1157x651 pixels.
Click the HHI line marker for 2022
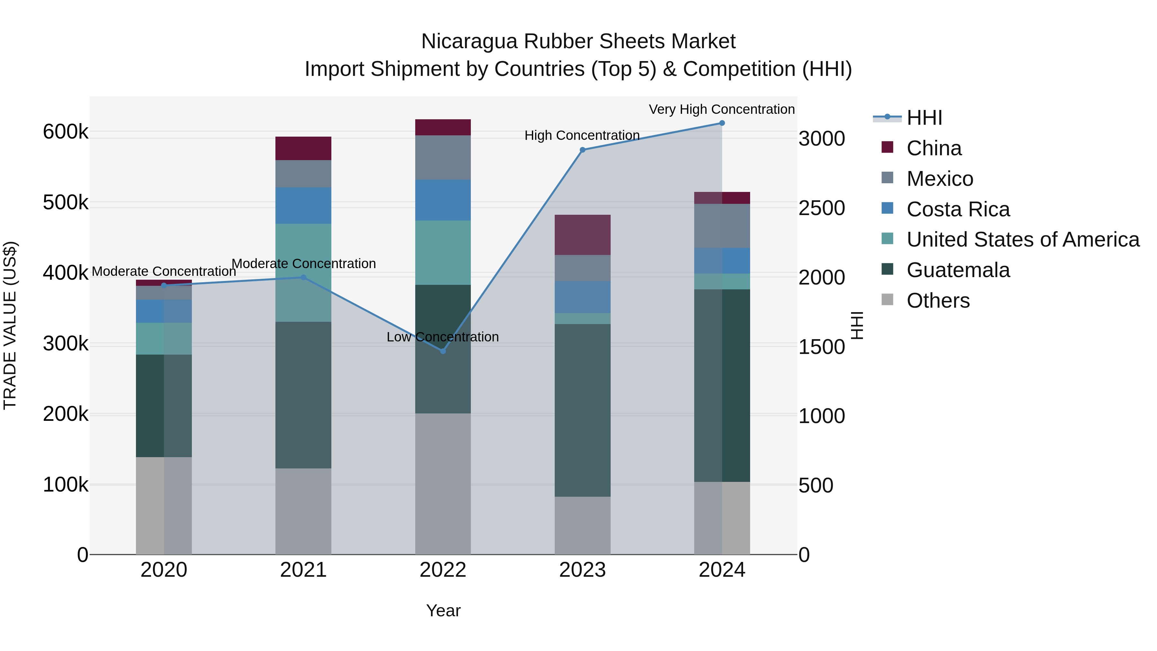pos(443,351)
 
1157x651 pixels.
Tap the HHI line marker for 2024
pos(722,123)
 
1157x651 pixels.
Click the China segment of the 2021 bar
pos(303,148)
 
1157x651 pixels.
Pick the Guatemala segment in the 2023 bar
pos(583,410)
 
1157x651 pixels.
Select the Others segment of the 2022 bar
pos(443,484)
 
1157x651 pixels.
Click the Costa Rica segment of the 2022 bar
pos(443,200)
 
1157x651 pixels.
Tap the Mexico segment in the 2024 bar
pos(722,226)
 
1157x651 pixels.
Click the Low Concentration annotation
pos(443,337)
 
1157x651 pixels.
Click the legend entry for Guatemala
pos(958,270)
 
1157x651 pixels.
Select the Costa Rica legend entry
pos(958,209)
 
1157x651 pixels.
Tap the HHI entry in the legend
pos(924,118)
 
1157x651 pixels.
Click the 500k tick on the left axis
pos(66,203)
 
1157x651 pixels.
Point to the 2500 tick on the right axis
pos(821,208)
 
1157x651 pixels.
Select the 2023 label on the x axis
pos(583,570)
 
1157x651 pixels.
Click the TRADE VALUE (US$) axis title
pos(10,325)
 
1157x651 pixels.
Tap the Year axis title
pos(443,610)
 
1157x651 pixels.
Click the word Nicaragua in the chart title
pos(469,42)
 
